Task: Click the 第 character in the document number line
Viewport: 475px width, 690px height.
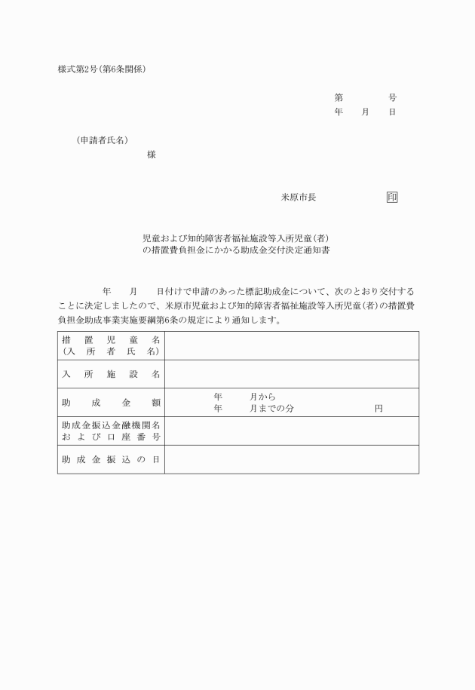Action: coord(339,98)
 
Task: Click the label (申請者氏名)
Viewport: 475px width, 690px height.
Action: coord(102,140)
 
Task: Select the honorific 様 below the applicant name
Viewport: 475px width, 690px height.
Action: coord(152,155)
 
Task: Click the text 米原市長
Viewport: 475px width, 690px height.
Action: coord(299,198)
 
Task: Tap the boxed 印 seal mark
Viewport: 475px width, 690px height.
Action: coord(392,198)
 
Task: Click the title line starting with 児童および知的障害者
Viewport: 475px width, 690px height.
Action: coord(236,237)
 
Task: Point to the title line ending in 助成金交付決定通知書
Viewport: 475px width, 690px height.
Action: coord(236,249)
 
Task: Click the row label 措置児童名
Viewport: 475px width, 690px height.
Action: coord(111,340)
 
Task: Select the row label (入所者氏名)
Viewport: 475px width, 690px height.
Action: coord(111,351)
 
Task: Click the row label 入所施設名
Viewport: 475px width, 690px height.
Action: coord(111,374)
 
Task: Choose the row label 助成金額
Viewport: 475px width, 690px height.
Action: coord(111,403)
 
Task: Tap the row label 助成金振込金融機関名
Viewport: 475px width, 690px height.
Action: coord(111,425)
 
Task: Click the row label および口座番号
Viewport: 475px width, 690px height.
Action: coord(111,437)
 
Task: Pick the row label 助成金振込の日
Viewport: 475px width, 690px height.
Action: coord(111,460)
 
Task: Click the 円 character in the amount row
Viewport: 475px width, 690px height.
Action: coord(378,409)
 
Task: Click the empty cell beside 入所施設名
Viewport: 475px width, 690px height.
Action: coord(291,374)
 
